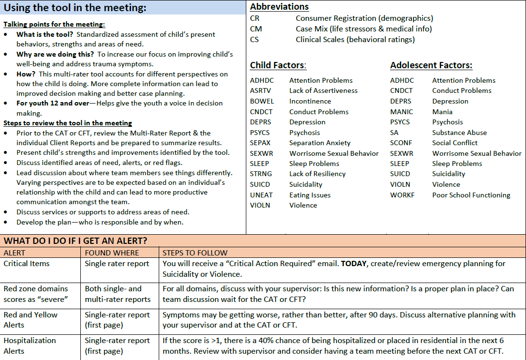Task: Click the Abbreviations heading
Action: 279,7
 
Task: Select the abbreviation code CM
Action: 256,29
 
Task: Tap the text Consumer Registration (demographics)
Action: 364,18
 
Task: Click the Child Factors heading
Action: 278,65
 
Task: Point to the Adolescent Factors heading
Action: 431,65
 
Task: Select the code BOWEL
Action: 262,101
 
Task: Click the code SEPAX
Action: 260,143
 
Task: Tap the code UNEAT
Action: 261,195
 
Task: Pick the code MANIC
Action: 401,112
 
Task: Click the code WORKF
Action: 402,195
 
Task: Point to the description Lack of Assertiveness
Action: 323,90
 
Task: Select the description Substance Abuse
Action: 459,133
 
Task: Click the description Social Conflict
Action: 454,143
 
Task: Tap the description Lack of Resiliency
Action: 317,174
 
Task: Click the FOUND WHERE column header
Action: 112,253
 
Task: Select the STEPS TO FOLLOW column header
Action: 195,253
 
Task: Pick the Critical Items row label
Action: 27,264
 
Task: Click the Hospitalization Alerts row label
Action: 30,345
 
